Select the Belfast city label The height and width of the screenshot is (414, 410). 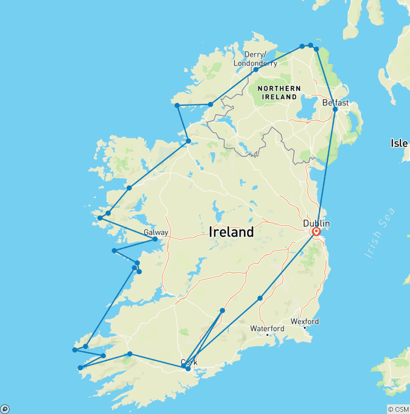coord(335,102)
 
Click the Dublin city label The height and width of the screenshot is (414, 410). coord(316,224)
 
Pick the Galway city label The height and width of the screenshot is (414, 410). coord(155,233)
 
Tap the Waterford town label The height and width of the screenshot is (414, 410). coord(266,328)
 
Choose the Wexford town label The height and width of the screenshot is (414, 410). coord(305,321)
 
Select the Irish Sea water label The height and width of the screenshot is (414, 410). coord(380,234)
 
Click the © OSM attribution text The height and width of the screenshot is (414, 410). coord(398,409)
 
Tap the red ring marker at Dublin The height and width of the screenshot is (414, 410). coord(316,232)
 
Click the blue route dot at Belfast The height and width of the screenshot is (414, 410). coord(335,109)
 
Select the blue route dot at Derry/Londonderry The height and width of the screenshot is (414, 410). coord(256,70)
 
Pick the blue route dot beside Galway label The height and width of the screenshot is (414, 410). coord(155,239)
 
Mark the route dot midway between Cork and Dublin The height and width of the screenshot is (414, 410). coord(260,298)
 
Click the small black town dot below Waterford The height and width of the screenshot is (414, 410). coord(267,335)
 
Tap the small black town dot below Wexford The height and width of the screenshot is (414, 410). coord(304,328)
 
